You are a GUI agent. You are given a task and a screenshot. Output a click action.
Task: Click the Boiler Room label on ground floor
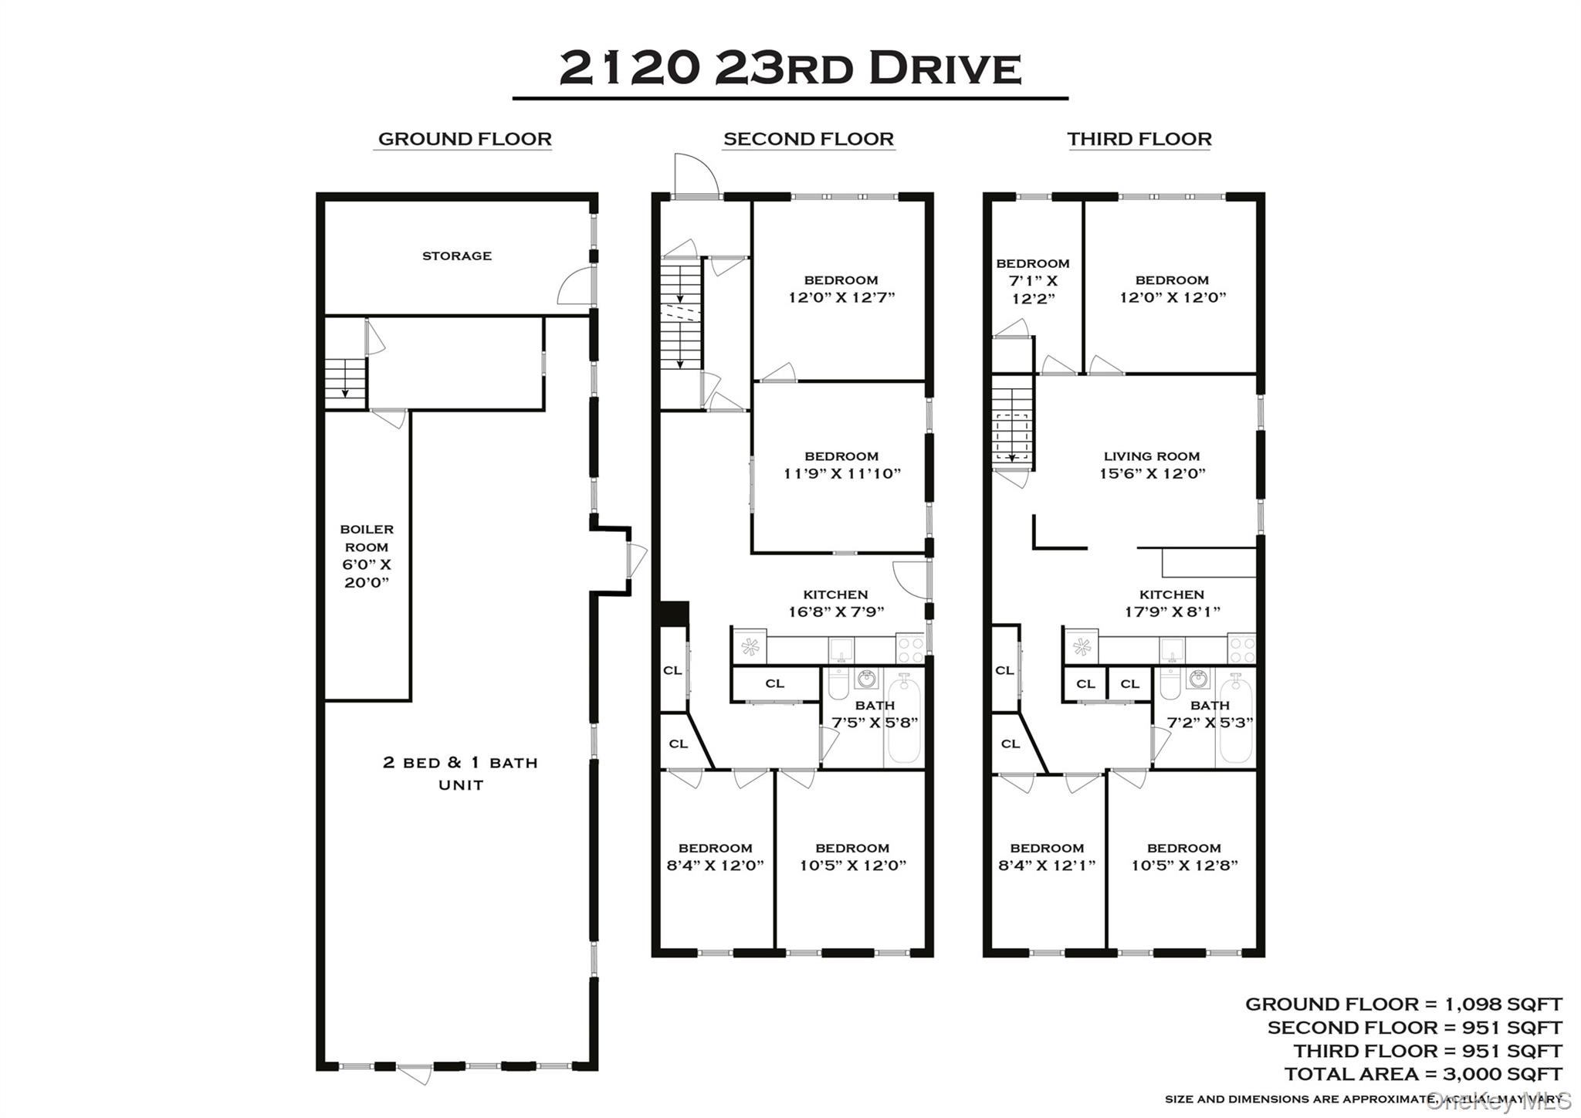[x=367, y=555]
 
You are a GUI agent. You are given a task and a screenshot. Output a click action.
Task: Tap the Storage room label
[x=456, y=256]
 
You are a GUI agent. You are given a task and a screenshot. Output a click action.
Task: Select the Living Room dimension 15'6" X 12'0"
[x=1152, y=473]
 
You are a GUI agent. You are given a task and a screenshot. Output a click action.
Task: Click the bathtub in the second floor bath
[x=904, y=718]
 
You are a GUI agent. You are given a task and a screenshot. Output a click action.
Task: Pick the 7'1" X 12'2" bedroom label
[x=1033, y=281]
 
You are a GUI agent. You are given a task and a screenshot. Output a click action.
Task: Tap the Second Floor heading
[x=808, y=139]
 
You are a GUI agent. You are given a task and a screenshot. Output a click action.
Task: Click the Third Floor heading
[x=1139, y=139]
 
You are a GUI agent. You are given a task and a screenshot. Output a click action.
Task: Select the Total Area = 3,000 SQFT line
[x=1423, y=1073]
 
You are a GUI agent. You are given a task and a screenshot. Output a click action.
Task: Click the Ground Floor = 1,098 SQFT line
[x=1403, y=1004]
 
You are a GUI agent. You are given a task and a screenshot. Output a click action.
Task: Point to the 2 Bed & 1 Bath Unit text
[x=461, y=773]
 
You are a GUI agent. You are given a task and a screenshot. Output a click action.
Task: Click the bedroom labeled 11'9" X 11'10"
[x=841, y=465]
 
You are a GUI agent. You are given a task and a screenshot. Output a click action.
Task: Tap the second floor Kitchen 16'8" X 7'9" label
[x=835, y=603]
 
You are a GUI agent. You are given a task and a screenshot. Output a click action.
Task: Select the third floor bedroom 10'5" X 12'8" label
[x=1184, y=857]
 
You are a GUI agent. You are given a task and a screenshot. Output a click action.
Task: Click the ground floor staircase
[x=344, y=378]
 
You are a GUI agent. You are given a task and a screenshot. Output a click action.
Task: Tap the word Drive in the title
[x=945, y=68]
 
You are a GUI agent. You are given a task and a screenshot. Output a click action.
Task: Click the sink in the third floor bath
[x=1198, y=679]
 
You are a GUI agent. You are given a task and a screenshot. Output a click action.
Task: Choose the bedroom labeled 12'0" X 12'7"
[x=841, y=289]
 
